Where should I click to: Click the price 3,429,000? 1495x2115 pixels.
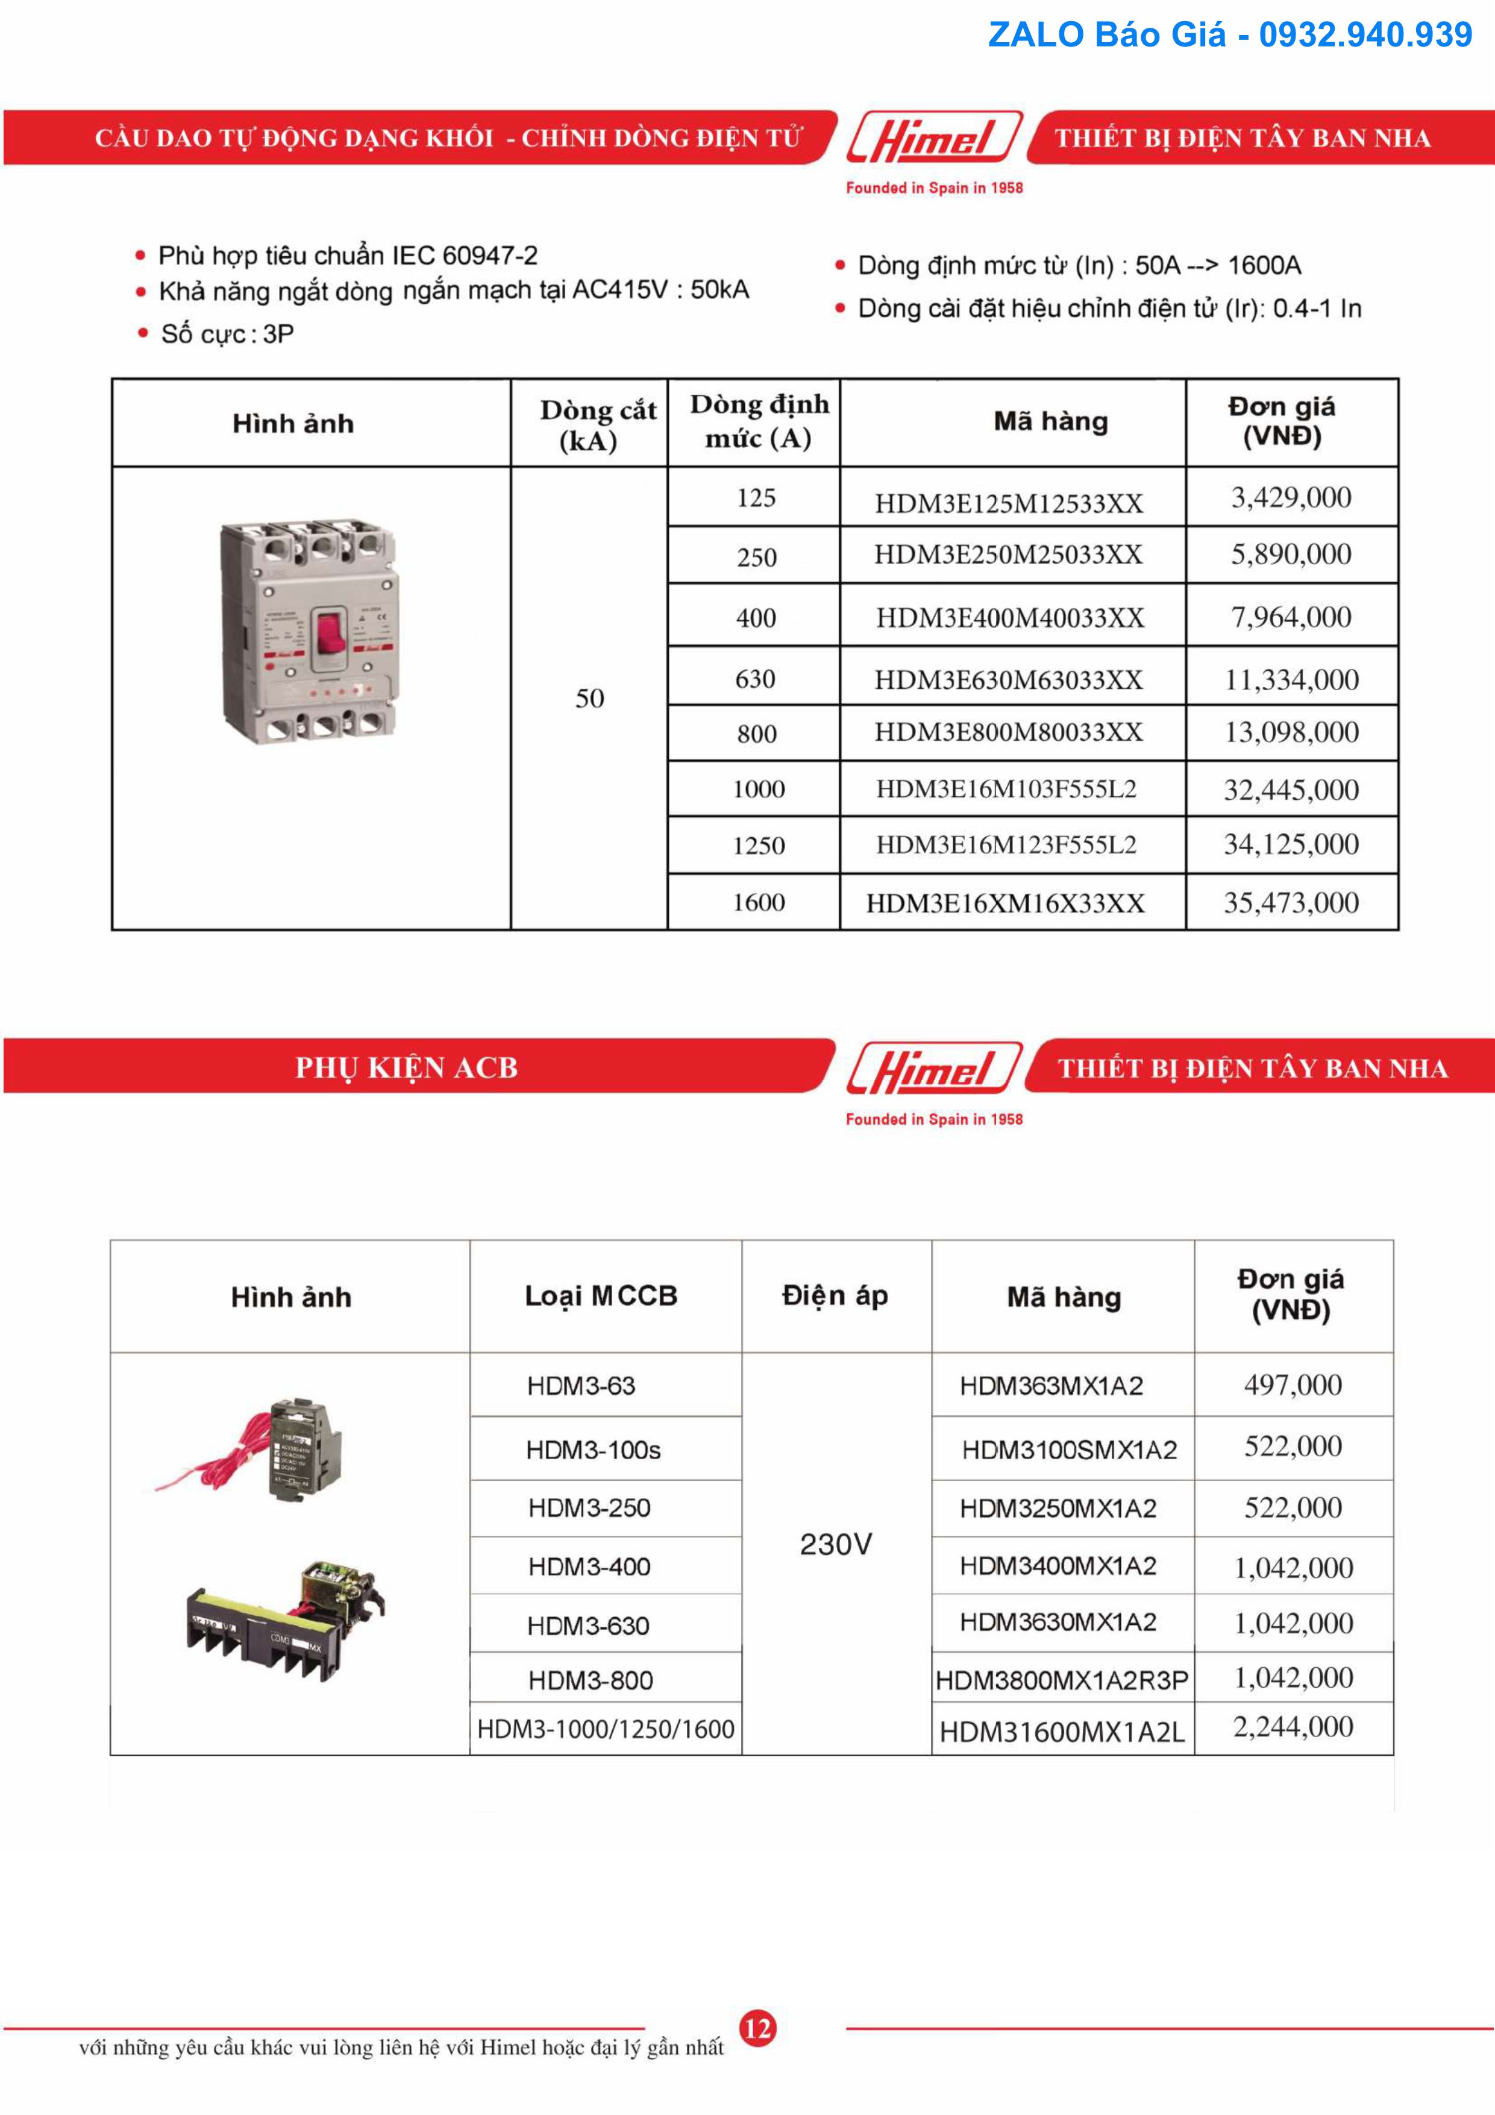click(1291, 497)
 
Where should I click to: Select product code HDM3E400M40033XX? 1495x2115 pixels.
click(1009, 617)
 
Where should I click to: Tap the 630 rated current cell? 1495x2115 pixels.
click(755, 679)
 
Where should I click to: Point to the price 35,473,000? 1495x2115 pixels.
click(1291, 903)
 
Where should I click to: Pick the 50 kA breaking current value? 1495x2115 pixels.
click(589, 698)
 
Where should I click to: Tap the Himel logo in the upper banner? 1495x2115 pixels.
click(933, 140)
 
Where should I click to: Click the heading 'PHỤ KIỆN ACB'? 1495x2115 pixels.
click(406, 1067)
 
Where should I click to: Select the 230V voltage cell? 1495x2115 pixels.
click(835, 1545)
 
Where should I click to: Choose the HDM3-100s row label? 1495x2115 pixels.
click(593, 1450)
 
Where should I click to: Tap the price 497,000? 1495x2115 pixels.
click(1293, 1384)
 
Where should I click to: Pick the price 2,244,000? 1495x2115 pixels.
click(1293, 1727)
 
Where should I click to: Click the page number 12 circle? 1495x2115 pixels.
click(757, 2028)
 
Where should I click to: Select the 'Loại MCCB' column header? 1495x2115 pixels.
click(601, 1296)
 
